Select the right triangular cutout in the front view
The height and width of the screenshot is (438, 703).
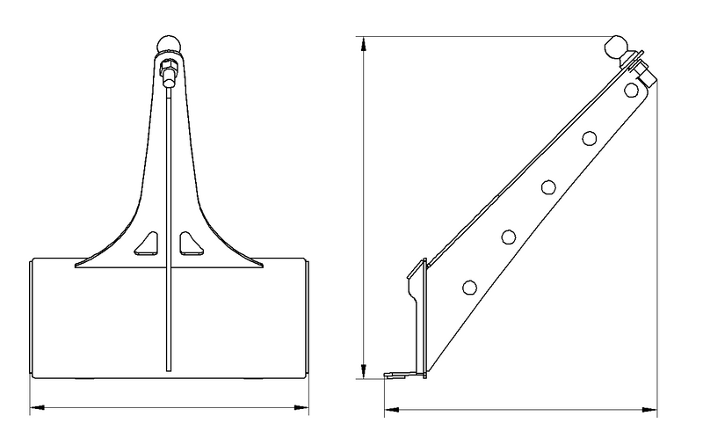coord(187,244)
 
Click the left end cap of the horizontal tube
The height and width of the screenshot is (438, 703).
coord(33,318)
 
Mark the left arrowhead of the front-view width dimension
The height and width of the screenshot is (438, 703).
coord(36,408)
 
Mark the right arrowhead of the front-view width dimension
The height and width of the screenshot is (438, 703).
coord(304,408)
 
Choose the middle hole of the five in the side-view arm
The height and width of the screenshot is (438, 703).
coord(549,186)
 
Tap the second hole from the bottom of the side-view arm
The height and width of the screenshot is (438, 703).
coord(509,236)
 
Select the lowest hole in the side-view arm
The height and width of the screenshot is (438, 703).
coord(468,286)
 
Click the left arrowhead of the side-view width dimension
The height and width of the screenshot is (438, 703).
coord(389,409)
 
